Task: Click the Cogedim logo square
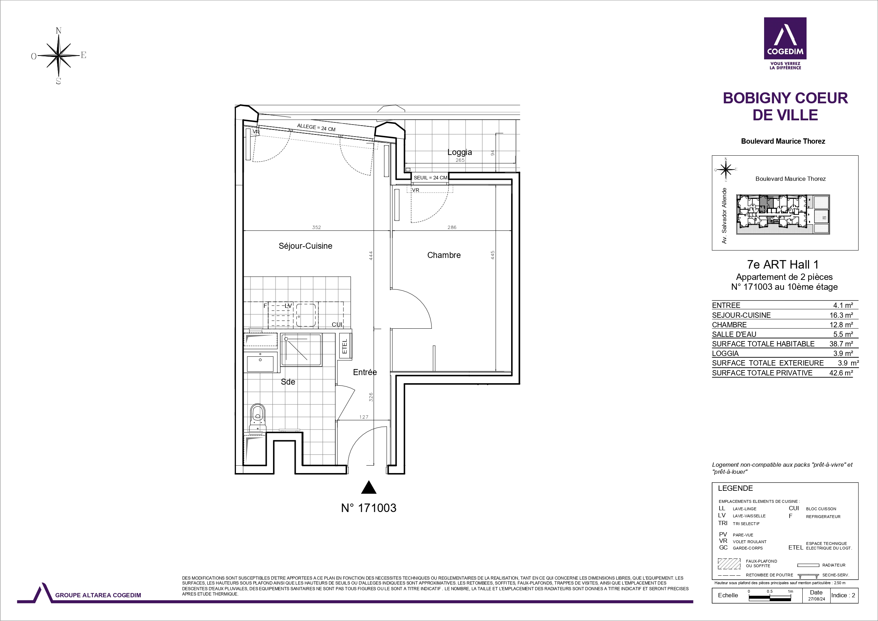(785, 38)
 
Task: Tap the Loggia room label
(460, 152)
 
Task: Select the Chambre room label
(444, 255)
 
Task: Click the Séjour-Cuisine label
(305, 246)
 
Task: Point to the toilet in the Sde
(258, 418)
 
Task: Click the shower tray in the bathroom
(301, 350)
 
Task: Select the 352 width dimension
(316, 227)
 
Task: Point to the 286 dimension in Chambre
(452, 227)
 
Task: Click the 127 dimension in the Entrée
(364, 417)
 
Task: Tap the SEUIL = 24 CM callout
(430, 178)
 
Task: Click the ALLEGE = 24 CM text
(316, 127)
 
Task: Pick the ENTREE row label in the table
(726, 305)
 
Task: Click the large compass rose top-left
(58, 56)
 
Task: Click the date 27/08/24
(816, 599)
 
